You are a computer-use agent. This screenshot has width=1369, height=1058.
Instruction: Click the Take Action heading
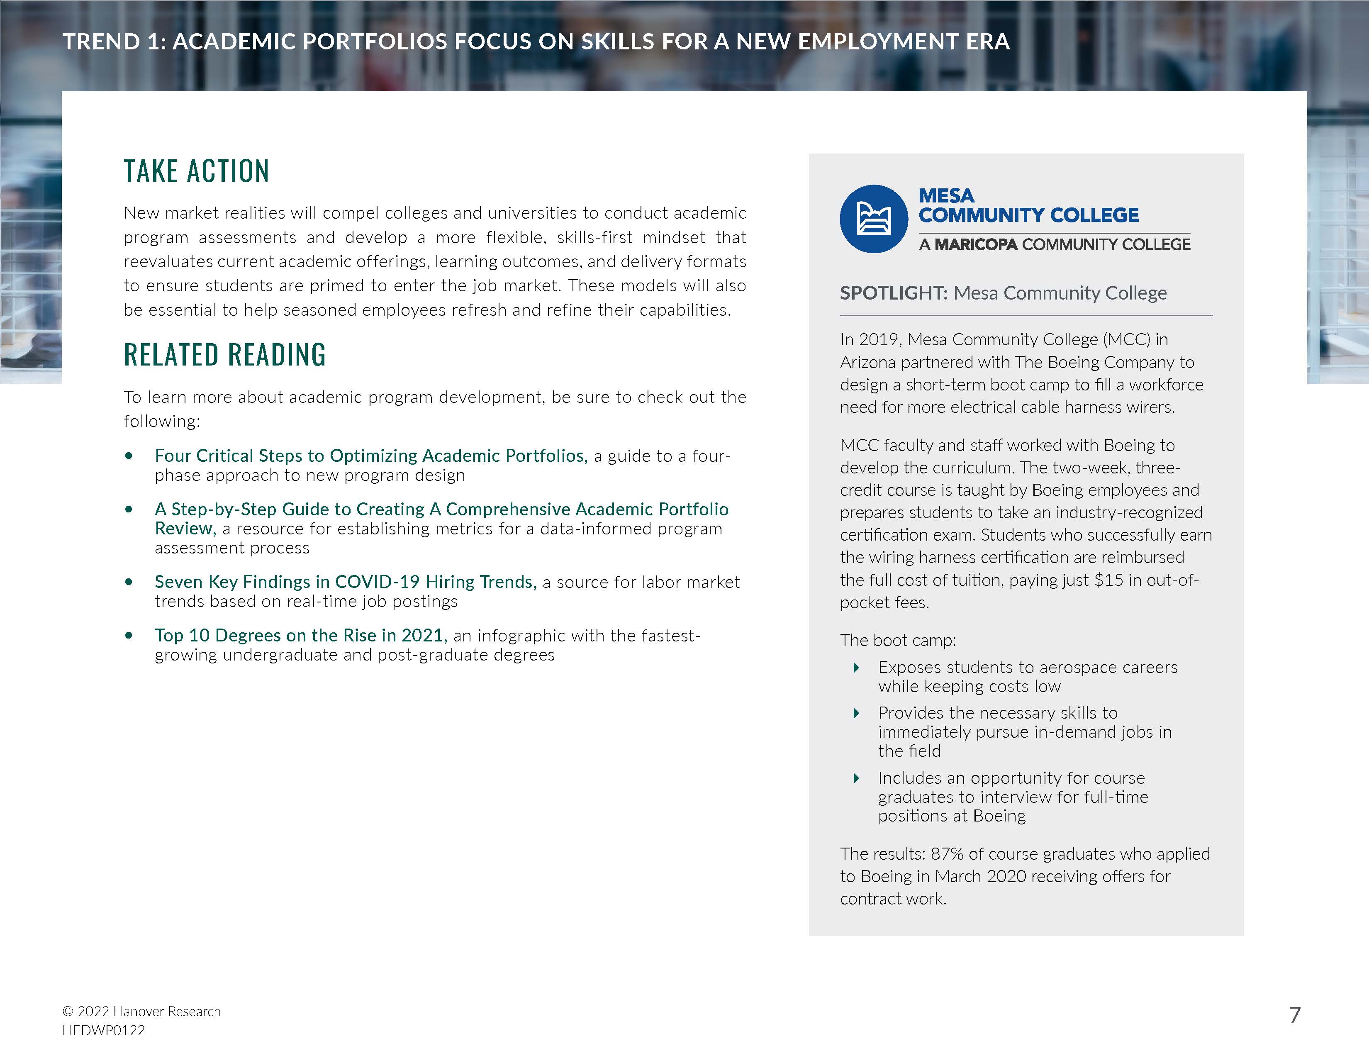point(196,171)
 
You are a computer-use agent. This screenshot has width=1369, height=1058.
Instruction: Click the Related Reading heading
point(224,355)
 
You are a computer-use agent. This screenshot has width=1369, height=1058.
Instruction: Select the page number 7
point(1294,1015)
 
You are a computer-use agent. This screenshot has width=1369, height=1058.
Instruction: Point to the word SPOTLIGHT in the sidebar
point(893,293)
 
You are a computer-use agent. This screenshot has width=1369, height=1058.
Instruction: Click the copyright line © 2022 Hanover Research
point(141,1011)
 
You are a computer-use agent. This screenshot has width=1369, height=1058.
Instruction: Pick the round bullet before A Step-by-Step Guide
point(129,509)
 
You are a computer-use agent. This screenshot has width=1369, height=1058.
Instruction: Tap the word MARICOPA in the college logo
point(976,244)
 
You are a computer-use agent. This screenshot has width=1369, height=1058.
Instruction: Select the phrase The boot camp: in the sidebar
point(898,640)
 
